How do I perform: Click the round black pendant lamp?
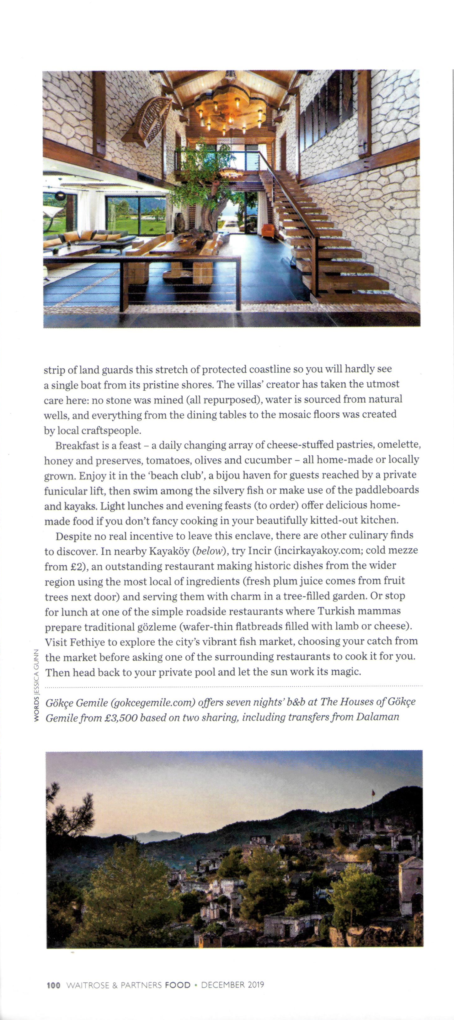60,195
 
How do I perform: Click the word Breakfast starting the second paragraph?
78,446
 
